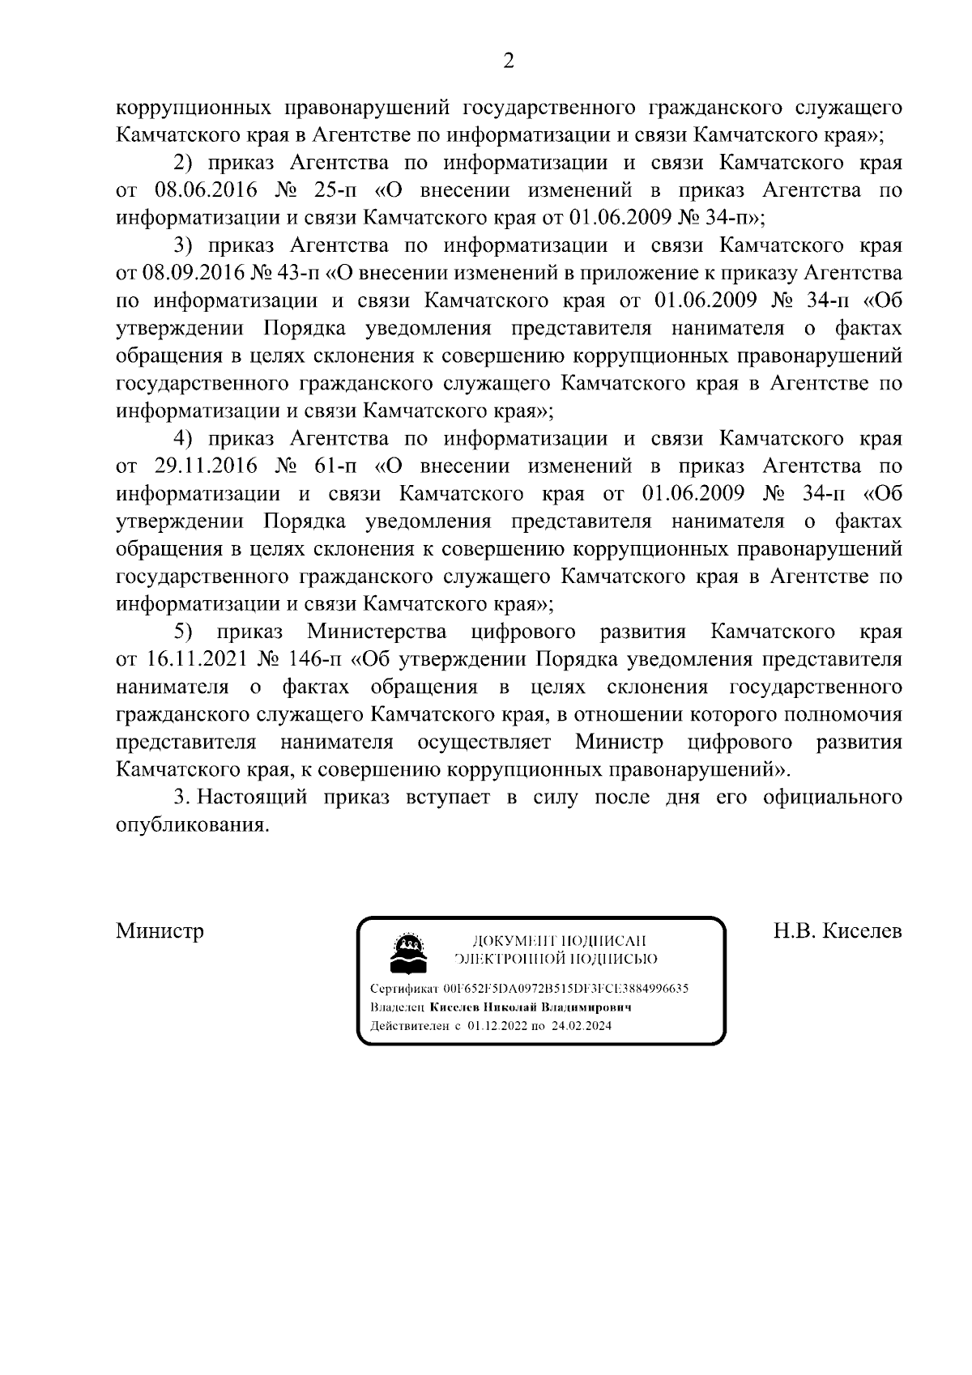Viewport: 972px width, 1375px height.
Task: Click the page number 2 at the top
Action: click(x=509, y=62)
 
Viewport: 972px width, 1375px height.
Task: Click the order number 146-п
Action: click(x=313, y=659)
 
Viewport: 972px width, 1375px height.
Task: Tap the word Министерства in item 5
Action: click(x=377, y=632)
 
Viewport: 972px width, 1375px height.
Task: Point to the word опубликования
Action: click(x=191, y=825)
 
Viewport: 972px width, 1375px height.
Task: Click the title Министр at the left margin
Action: click(x=160, y=931)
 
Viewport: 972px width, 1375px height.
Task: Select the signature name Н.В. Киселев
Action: click(x=838, y=931)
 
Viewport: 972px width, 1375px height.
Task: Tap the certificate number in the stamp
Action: click(x=565, y=989)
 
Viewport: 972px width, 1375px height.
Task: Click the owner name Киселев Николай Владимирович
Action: click(x=530, y=1007)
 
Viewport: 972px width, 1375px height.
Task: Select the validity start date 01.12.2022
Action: click(x=497, y=1026)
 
